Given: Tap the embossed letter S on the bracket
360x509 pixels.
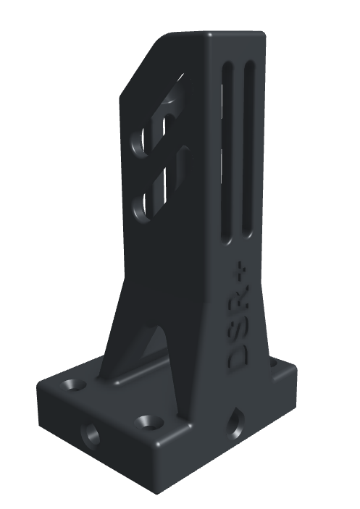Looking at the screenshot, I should tap(238, 332).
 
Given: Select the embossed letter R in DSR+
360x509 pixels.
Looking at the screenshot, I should tap(240, 303).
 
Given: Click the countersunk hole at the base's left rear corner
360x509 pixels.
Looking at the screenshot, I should tap(72, 384).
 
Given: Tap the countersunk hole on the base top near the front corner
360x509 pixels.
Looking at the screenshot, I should tap(150, 421).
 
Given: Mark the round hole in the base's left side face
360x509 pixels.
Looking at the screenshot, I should tap(91, 433).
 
